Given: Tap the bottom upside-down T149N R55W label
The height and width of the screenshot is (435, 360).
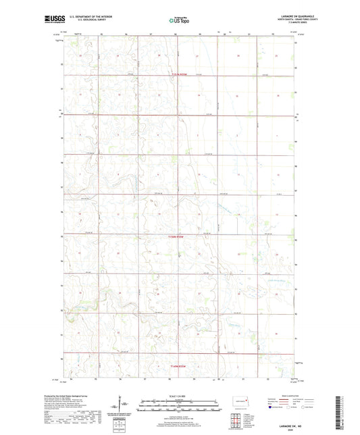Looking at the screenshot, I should (178, 364).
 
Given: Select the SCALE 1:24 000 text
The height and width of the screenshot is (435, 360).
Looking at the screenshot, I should (180, 396).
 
